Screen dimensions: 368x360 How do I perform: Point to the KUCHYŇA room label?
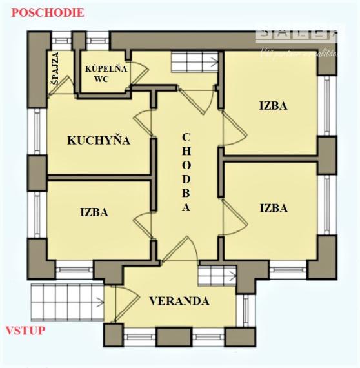click(99, 140)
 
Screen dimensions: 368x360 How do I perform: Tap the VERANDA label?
click(179, 301)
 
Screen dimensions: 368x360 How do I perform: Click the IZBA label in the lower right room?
click(273, 208)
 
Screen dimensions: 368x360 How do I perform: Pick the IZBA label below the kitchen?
click(94, 211)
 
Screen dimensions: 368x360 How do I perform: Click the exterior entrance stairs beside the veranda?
click(66, 301)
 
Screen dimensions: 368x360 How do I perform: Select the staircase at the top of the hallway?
click(186, 63)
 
